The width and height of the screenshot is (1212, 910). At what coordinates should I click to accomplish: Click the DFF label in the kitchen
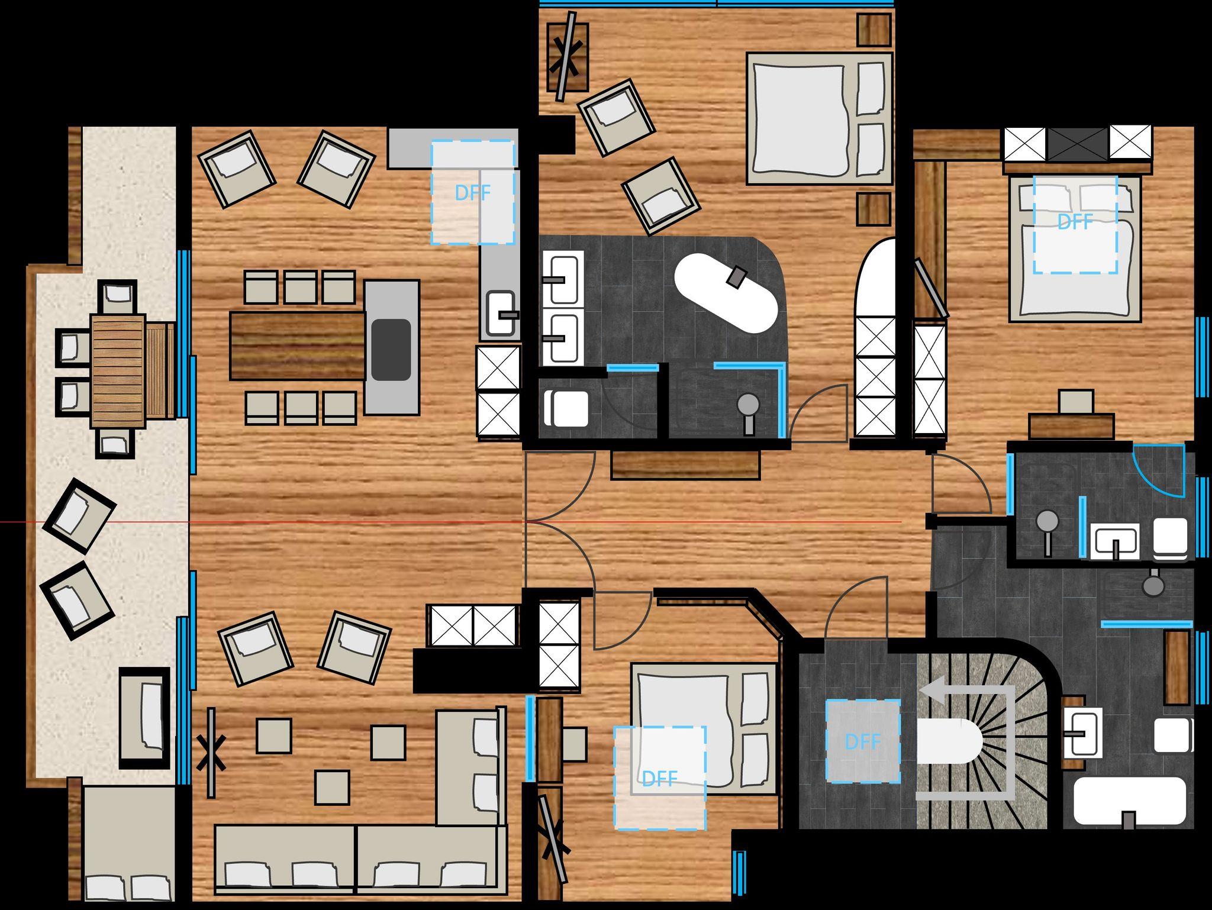coord(472,193)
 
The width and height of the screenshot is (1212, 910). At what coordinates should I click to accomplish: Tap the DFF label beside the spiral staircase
coord(863,741)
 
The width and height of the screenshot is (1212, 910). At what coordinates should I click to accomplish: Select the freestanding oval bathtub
coord(726,293)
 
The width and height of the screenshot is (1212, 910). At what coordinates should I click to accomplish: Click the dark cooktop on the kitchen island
coord(391,350)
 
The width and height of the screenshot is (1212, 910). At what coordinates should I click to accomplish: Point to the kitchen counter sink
coord(501,314)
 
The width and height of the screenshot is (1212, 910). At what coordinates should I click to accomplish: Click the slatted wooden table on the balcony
coord(118,370)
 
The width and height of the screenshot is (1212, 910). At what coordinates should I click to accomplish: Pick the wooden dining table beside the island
coord(298,346)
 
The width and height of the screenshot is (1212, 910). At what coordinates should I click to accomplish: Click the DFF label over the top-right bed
coord(1075,222)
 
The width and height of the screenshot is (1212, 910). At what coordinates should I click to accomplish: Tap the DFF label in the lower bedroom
coord(659,779)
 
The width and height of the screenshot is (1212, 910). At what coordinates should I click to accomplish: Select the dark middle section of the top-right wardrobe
coord(1078,143)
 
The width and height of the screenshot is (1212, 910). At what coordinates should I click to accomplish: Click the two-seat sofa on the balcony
coord(144,717)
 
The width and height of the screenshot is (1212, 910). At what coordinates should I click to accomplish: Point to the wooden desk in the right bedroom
coord(1071,425)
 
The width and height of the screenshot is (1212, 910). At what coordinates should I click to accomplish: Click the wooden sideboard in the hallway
coord(685,464)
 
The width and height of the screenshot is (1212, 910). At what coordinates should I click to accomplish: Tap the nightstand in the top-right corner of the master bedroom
coord(873,30)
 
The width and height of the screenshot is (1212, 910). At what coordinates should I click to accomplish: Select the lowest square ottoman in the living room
coord(331,787)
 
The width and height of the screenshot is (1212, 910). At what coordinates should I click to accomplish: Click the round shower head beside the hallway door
coord(749,404)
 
